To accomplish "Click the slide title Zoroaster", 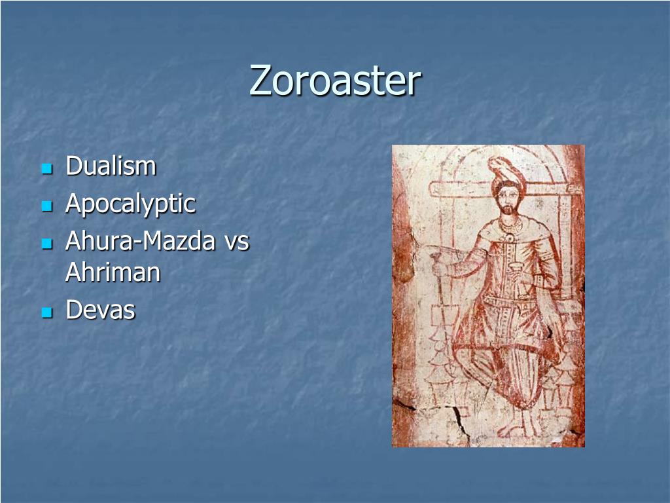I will pos(335,81).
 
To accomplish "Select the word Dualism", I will pos(111,166).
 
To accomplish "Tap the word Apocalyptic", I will pos(130,204).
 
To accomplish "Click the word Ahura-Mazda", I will pos(140,242).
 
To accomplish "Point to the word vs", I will pos(236,242).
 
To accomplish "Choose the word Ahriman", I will pos(113,272).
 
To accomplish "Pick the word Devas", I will pos(100,310).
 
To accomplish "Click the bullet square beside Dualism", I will pos(46,169).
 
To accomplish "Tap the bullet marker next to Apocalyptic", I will pos(46,206).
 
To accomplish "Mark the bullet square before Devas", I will pos(46,312).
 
